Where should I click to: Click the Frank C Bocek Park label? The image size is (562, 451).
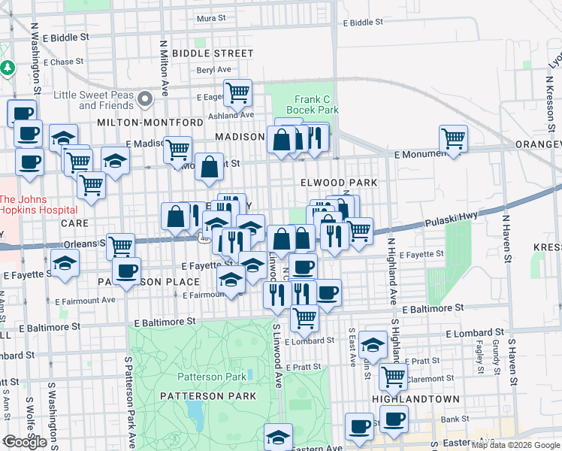point(312,104)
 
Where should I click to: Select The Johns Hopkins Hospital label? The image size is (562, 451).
point(38,204)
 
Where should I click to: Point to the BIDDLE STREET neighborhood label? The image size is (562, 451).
point(213,53)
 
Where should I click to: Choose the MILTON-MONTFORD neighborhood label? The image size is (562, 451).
point(150,122)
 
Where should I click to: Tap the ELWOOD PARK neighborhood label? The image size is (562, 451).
point(338,183)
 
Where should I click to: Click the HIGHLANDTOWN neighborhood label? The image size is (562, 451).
point(406,398)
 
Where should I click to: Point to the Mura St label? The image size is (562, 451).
point(211,17)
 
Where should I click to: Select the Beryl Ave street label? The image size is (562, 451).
point(213,69)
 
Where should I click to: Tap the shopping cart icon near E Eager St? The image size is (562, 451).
point(237,92)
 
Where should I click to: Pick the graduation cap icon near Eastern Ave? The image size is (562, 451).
point(278,436)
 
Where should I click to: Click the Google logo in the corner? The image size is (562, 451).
point(24,442)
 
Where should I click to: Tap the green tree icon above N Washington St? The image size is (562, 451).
point(8,68)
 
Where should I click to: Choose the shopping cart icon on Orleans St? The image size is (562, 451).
point(120,244)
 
